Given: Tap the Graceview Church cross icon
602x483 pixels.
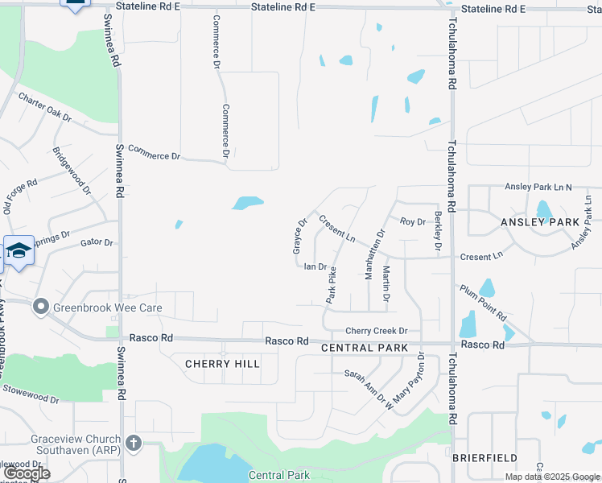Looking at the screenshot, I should [x=134, y=443].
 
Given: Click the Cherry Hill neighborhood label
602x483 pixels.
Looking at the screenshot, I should [x=222, y=364].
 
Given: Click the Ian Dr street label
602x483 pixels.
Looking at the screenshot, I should [x=315, y=266].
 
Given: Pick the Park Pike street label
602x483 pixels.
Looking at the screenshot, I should [x=331, y=285].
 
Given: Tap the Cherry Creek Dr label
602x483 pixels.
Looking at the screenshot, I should [x=377, y=331].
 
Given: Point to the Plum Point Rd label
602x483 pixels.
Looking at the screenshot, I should [x=483, y=302].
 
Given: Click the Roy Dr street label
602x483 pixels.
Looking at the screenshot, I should [x=412, y=221].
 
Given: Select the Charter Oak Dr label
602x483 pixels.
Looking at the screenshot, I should [x=46, y=107].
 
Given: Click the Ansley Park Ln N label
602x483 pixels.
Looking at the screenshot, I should [x=537, y=187].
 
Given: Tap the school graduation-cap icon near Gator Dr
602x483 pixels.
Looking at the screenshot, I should [x=19, y=251].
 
